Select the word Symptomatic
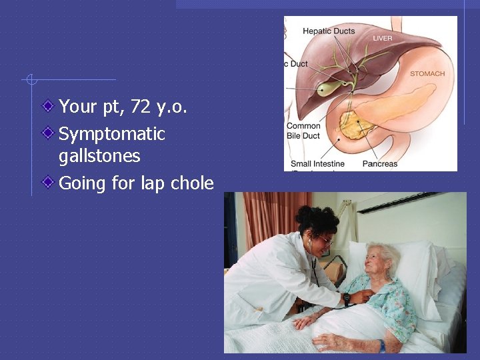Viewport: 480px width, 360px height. [x=111, y=134]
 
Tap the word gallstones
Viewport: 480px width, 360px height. [x=99, y=156]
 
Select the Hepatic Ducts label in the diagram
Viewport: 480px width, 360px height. [x=329, y=31]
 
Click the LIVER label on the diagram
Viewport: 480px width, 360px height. [x=383, y=39]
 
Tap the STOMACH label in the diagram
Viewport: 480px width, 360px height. [x=427, y=74]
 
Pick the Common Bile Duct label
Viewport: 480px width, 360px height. [x=303, y=131]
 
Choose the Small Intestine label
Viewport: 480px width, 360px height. [x=317, y=164]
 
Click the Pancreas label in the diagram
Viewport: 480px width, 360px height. [x=379, y=164]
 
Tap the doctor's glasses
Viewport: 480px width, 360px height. [x=325, y=240]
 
